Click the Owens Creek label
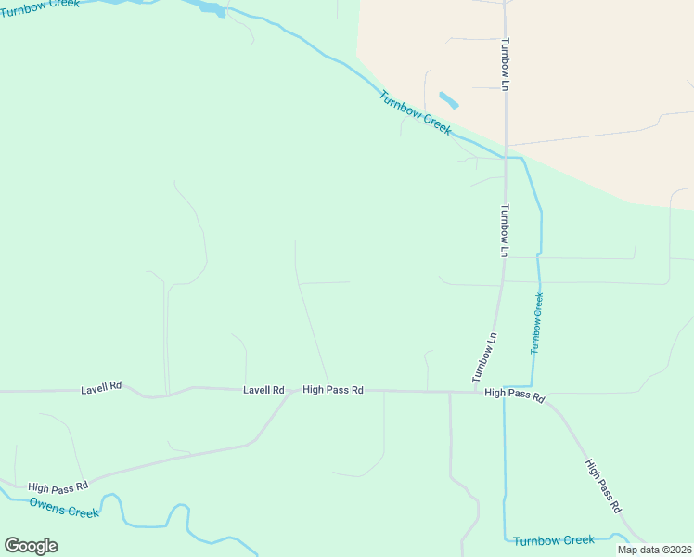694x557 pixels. click(64, 508)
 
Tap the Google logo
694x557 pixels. click(31, 546)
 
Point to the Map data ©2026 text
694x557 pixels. click(654, 550)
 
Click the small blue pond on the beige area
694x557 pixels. click(448, 99)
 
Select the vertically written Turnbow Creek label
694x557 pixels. click(536, 323)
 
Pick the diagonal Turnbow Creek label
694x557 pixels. click(415, 112)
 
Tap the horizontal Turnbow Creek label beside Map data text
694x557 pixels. click(553, 540)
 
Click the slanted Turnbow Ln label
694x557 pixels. click(484, 357)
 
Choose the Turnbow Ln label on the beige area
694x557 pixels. click(506, 64)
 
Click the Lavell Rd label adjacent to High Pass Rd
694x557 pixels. click(263, 390)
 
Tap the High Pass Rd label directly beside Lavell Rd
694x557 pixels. click(332, 390)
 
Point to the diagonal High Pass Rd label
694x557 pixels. click(602, 486)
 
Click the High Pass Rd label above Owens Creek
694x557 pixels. click(58, 486)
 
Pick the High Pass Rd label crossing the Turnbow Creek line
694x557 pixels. click(515, 395)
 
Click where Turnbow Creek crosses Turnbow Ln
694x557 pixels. click(506, 158)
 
